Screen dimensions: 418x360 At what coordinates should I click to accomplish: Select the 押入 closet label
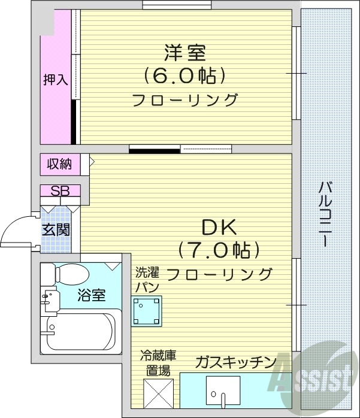(x=56, y=80)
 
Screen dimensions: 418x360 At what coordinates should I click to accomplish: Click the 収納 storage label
(x=57, y=163)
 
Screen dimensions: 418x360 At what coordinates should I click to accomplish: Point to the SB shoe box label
(x=60, y=192)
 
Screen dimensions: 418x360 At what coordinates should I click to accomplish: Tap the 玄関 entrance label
(x=56, y=229)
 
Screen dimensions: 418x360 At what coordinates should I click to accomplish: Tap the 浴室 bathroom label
(x=92, y=295)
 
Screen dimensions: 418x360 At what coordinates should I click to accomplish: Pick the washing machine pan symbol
(x=147, y=310)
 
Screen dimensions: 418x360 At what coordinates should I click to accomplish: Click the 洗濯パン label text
(x=147, y=280)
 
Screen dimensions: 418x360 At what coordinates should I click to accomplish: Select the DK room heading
(x=219, y=228)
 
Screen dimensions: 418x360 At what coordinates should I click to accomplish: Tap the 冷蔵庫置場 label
(x=158, y=363)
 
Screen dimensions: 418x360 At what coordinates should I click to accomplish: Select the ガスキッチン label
(x=235, y=362)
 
